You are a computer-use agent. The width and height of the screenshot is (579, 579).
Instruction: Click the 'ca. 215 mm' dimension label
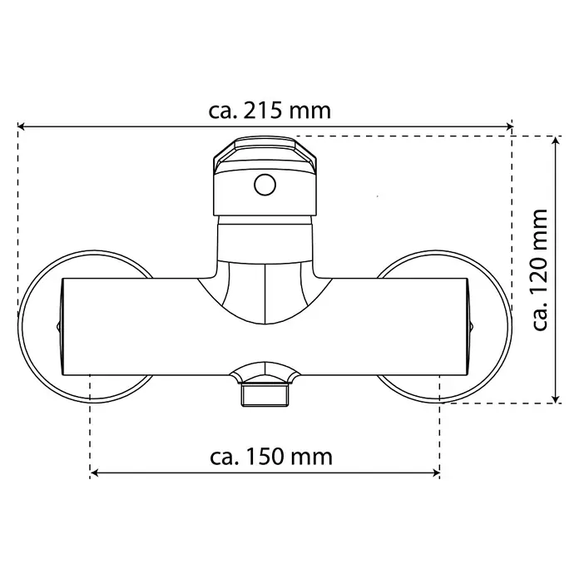point(270,111)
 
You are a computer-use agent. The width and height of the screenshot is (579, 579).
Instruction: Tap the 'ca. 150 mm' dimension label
point(271,457)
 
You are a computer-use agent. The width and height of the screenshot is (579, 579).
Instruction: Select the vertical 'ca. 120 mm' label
point(540,270)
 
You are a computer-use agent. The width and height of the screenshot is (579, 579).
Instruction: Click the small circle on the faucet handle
point(265,185)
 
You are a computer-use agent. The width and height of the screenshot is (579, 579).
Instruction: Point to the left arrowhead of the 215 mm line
point(21,126)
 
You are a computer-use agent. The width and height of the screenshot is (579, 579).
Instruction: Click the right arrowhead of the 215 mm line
point(509,126)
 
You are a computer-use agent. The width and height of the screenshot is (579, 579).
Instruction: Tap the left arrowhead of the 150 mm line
point(94,473)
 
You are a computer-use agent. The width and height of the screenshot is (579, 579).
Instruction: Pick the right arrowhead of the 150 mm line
point(436,473)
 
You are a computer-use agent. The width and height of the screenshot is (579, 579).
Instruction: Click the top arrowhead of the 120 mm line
point(556,140)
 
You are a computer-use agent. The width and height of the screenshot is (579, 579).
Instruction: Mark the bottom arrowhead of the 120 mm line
point(556,399)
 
